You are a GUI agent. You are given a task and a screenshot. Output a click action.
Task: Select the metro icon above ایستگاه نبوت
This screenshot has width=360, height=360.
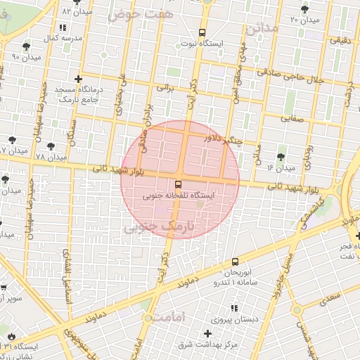click(x=202, y=32)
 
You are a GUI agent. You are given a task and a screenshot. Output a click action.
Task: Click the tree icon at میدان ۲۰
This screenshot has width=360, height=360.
click(x=304, y=9)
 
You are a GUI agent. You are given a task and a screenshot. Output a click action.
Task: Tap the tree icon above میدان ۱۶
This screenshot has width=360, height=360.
click(x=281, y=156)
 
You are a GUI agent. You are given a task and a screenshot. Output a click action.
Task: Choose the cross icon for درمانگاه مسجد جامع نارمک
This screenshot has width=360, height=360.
click(x=77, y=79)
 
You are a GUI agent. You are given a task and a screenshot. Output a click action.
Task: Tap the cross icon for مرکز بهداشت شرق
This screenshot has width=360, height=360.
click(x=207, y=333)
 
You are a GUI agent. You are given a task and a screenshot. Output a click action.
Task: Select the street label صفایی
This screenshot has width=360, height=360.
click(x=295, y=117)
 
